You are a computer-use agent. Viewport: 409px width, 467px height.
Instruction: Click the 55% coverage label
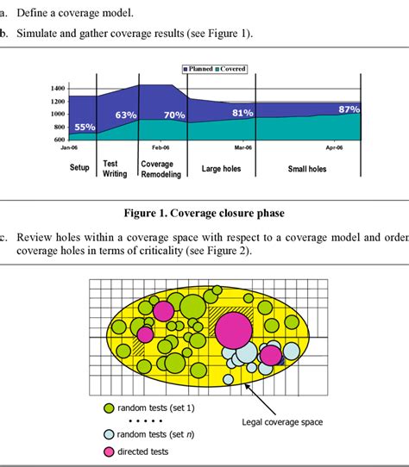click(x=85, y=128)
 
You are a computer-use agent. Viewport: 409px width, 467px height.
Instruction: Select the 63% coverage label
click(x=126, y=115)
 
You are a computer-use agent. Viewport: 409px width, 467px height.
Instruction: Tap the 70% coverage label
click(x=174, y=115)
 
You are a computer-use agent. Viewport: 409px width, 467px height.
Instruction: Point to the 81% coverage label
click(x=242, y=113)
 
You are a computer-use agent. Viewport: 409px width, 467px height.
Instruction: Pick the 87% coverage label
click(x=349, y=109)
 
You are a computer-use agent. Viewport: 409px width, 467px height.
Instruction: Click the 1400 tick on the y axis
click(x=58, y=88)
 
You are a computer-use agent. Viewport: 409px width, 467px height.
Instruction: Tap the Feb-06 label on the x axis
click(x=161, y=147)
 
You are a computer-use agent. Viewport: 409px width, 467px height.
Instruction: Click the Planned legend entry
click(x=200, y=68)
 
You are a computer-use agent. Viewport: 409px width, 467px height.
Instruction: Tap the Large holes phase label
click(x=221, y=169)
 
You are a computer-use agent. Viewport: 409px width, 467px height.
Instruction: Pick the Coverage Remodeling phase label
click(x=161, y=169)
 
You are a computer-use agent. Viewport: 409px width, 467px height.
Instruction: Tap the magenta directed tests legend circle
click(x=110, y=451)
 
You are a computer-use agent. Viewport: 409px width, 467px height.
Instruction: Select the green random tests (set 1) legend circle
click(x=110, y=407)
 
